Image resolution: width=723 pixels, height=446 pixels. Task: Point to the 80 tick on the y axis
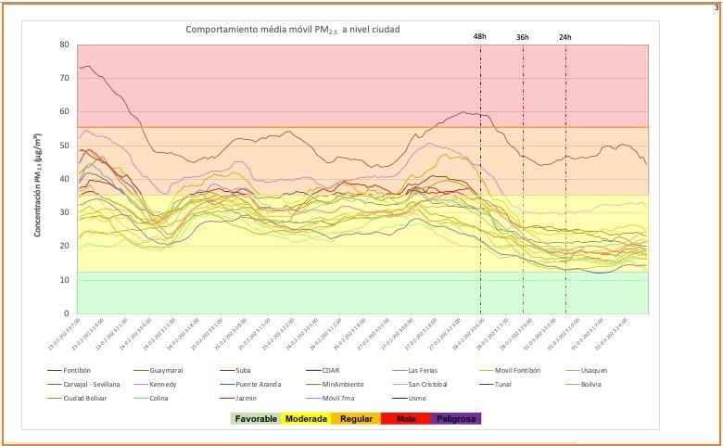coord(64,45)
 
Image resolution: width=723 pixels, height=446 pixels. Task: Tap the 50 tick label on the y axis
coord(64,146)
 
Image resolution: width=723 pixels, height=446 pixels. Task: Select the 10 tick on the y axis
coord(64,280)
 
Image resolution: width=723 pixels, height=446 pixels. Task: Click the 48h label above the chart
coord(480,36)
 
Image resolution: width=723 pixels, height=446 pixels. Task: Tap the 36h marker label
coord(523,37)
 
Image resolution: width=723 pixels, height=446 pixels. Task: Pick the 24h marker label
coord(565,37)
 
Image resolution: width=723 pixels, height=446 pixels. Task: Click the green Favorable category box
coord(256,419)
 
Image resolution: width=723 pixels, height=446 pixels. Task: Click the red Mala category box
coord(404,419)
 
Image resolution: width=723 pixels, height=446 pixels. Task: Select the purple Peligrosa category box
coord(455,419)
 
